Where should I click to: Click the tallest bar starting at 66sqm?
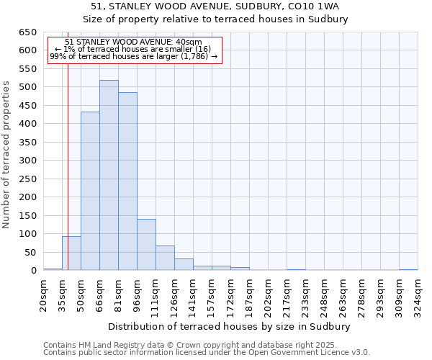click(x=109, y=175)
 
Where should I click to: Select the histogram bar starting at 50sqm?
click(x=90, y=191)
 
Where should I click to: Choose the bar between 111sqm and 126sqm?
click(x=165, y=258)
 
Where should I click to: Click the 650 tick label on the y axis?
click(x=27, y=32)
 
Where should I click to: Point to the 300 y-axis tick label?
click(x=27, y=161)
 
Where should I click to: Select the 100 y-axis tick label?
click(x=27, y=234)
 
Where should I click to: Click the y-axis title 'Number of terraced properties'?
click(x=7, y=155)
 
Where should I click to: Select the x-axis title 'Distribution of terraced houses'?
click(x=228, y=327)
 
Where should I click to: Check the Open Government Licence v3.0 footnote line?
click(x=207, y=353)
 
